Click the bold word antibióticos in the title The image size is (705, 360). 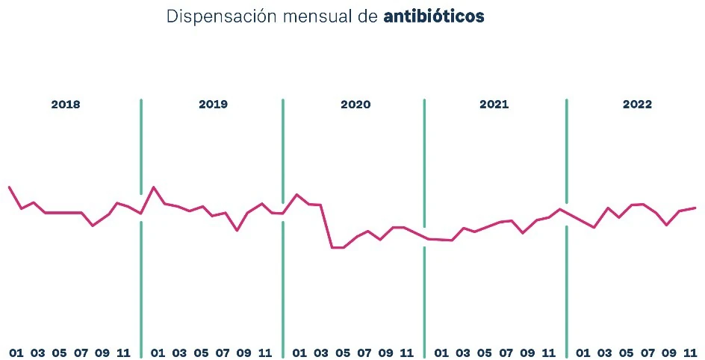point(434,16)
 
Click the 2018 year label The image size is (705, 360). point(66,105)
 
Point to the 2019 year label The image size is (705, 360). point(213,105)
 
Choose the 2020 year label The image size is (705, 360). point(355,105)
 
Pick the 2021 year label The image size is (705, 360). point(494,105)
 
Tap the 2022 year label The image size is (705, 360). point(637,105)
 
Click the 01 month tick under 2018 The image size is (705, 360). point(16,353)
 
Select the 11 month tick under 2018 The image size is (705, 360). point(123,353)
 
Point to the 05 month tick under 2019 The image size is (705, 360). point(201,353)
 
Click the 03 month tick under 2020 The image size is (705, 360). point(321,353)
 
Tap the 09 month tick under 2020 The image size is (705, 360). point(385,353)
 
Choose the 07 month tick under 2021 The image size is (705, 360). point(506,353)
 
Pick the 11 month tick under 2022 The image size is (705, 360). point(691,353)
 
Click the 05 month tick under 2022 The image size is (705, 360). point(626,353)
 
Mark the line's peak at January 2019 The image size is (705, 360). point(153,187)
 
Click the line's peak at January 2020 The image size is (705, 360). point(297,194)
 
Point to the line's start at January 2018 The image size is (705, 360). point(9,187)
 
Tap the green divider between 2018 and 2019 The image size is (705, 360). point(141,149)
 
